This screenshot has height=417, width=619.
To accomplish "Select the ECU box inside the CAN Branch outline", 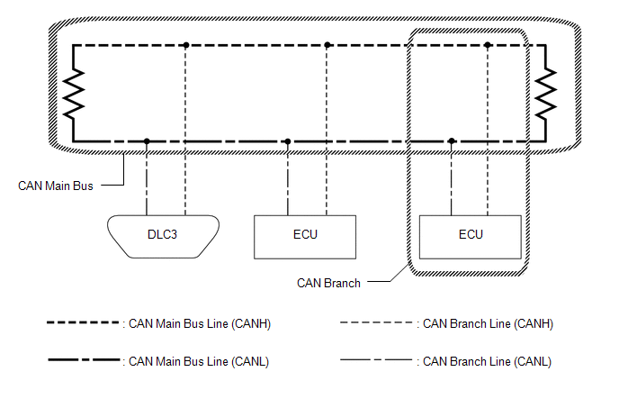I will coord(470,235).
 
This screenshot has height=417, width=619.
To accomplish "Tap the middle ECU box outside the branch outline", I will coord(306,235).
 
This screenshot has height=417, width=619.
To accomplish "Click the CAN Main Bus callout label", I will coord(57,186).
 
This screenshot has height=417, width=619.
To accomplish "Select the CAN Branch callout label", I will coord(328,283).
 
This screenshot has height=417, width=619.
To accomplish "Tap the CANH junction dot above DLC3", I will coord(185,44).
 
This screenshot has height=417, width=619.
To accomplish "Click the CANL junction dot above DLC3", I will coord(147,141).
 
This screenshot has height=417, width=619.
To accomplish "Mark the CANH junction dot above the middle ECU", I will coord(327,44).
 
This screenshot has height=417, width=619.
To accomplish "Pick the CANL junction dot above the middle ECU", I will coord(287,141).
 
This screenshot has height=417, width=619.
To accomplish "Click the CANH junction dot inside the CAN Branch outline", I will coord(488,44).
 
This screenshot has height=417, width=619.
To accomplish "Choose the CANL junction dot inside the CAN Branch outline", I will coord(452,141).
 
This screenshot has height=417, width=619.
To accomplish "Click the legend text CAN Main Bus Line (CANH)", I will coord(200,324).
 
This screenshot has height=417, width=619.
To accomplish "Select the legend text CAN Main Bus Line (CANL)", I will coord(199,361).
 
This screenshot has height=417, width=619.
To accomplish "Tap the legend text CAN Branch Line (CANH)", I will coord(486,324).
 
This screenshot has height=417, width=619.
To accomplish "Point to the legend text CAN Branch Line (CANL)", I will coord(486,361).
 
